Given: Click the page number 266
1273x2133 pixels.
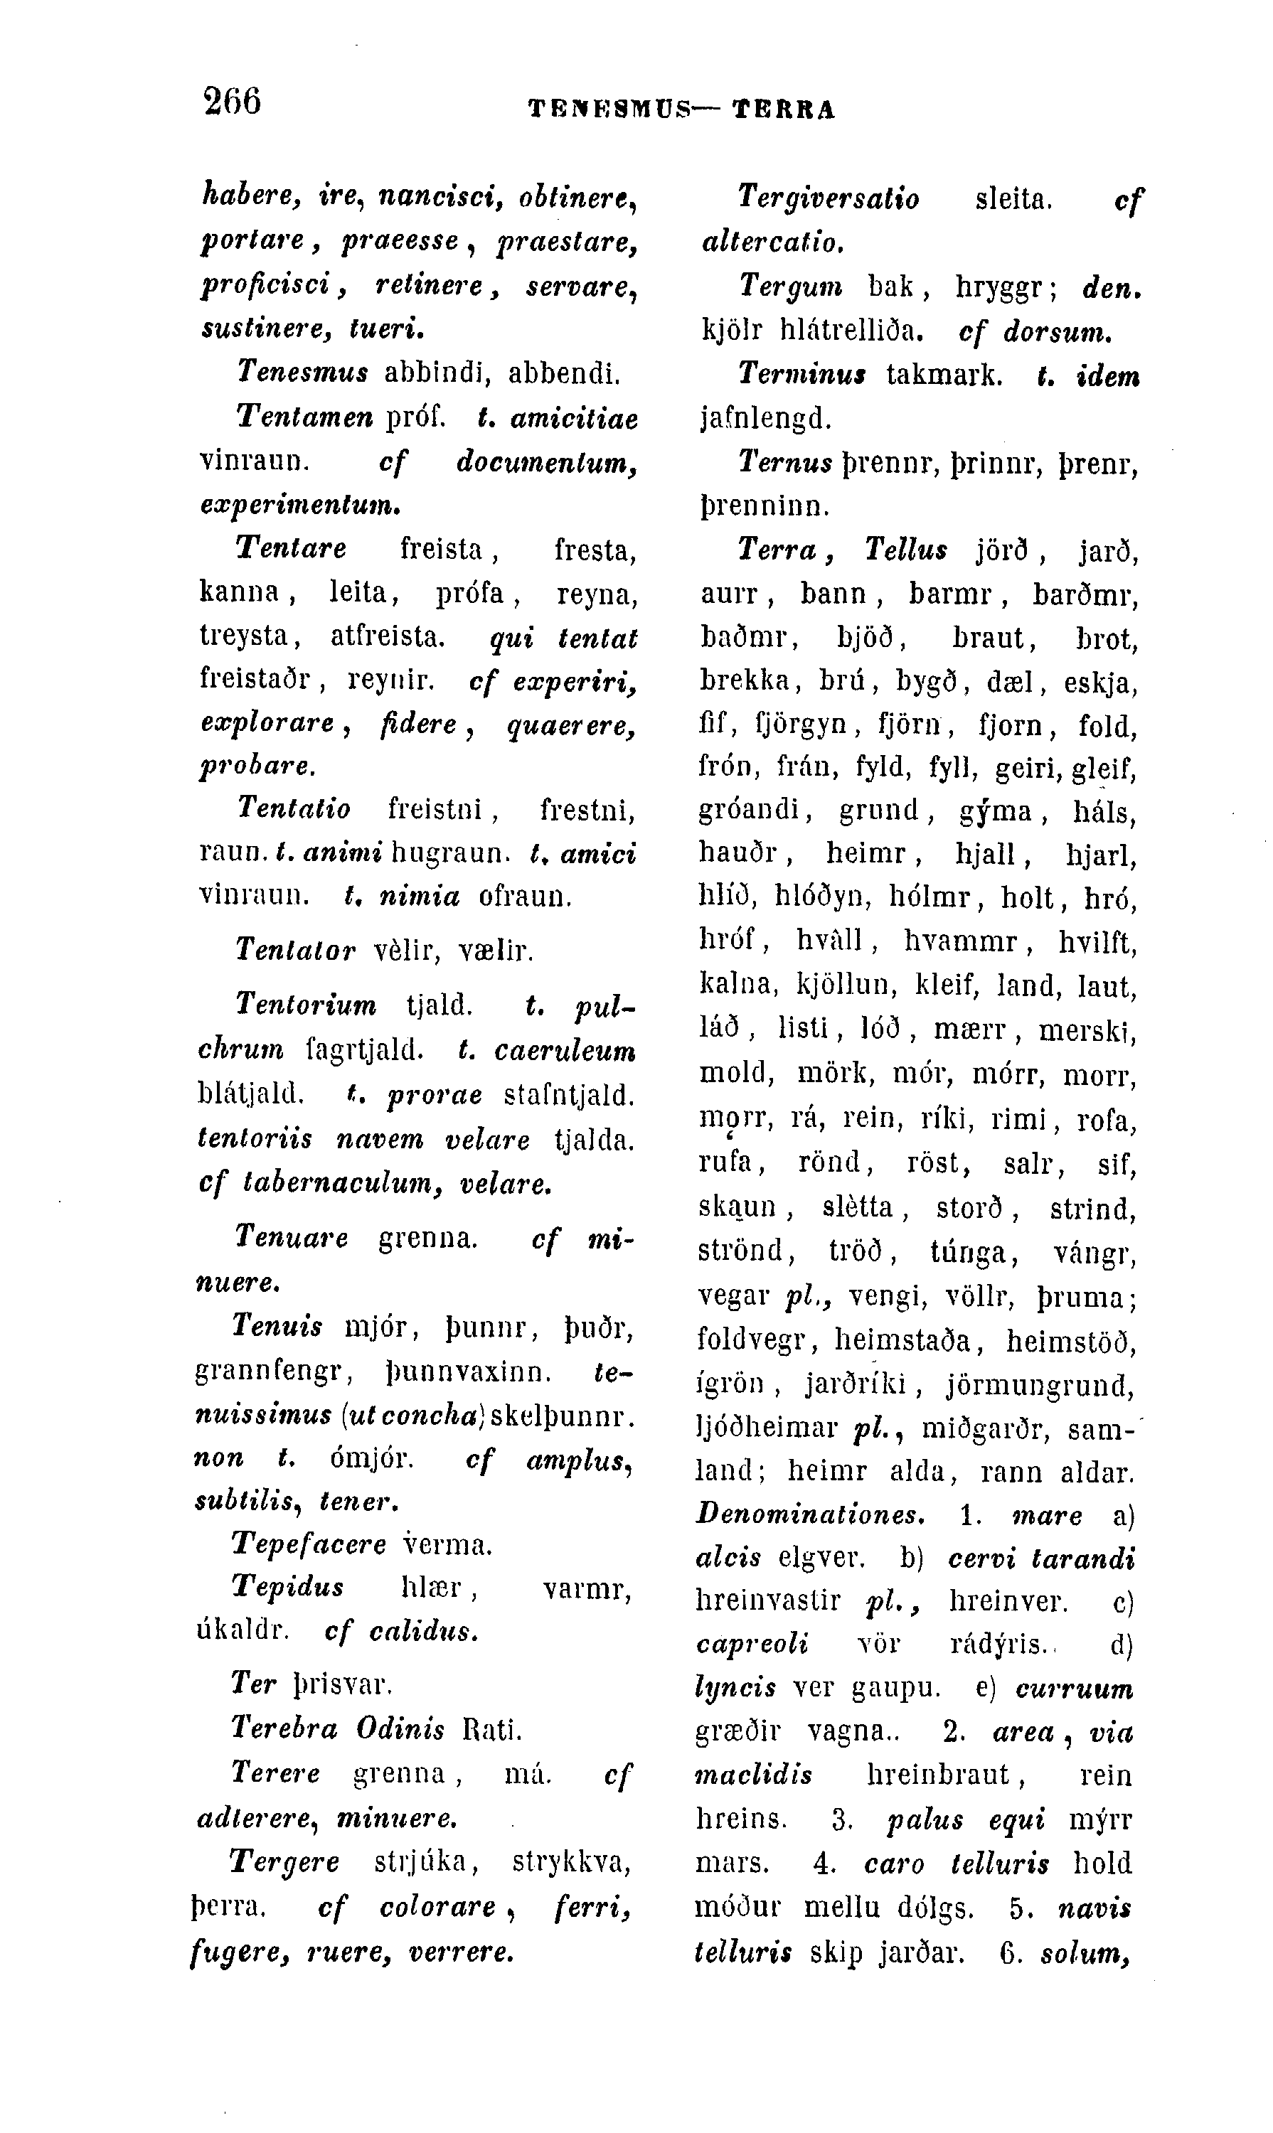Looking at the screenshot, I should (x=233, y=100).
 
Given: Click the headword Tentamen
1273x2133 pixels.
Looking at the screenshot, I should (x=304, y=417).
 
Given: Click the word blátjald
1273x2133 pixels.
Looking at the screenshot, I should (x=251, y=1094).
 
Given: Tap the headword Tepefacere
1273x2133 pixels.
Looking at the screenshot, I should (x=309, y=1544).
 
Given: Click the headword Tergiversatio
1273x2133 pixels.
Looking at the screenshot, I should (x=828, y=199).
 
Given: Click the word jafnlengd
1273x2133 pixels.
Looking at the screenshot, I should (x=766, y=419).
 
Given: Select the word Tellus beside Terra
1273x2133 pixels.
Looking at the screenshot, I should (x=906, y=550).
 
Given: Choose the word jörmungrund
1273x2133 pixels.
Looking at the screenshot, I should (x=1040, y=1384).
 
